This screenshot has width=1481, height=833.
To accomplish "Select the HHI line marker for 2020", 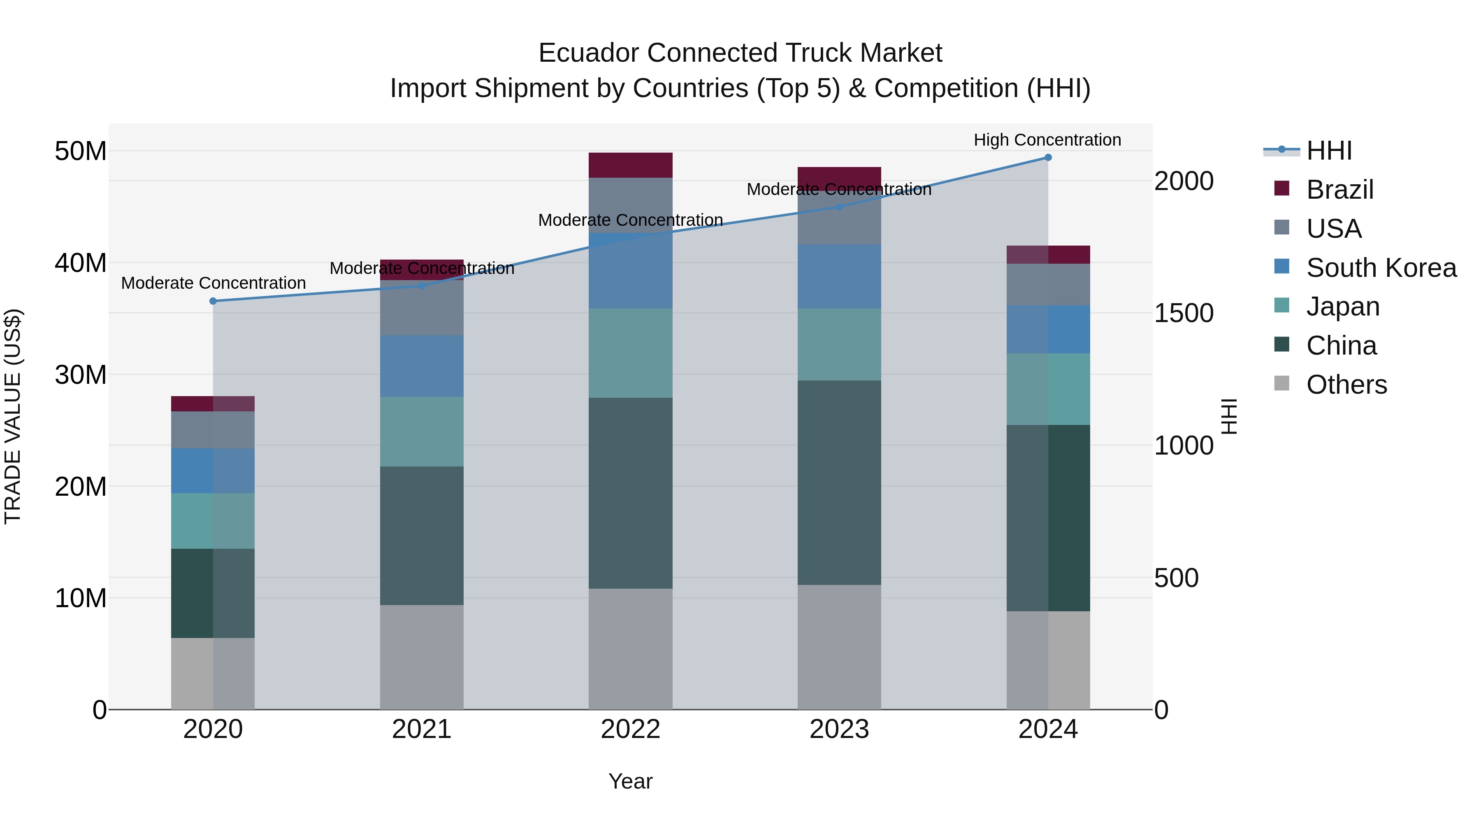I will [x=213, y=301].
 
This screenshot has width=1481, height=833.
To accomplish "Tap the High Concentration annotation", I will [x=1047, y=140].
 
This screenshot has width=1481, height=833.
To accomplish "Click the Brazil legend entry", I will [x=1339, y=190].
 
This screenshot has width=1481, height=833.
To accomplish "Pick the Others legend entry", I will [x=1346, y=385].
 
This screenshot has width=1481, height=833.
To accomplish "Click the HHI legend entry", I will [x=1329, y=151].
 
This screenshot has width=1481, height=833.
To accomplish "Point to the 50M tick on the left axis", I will [x=81, y=151].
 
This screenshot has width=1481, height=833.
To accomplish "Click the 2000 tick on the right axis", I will [x=1184, y=181].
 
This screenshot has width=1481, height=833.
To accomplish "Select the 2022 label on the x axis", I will [x=630, y=729].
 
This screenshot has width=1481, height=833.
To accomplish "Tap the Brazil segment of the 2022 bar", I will [x=630, y=165].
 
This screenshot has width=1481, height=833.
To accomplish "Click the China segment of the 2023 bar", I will [x=839, y=483].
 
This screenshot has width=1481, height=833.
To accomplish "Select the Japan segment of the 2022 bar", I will [x=630, y=353].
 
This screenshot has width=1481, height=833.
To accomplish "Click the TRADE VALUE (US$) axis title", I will [x=13, y=416].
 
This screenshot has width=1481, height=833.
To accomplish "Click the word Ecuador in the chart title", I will [x=589, y=53].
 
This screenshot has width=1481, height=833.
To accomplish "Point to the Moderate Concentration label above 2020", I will [x=213, y=283].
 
